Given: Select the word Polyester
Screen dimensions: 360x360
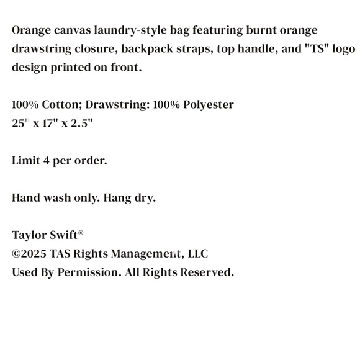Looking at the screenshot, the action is point(204,104).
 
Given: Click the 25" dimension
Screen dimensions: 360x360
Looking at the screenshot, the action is point(20,123).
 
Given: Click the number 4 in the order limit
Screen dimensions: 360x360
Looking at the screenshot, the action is point(47,160).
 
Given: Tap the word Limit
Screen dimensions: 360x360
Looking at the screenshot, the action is point(26,160).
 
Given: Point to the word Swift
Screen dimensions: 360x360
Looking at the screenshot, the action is point(65,235).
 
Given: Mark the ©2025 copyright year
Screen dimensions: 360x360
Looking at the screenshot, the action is point(29,254).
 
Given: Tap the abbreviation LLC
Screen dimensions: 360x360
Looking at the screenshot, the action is point(197,254).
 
